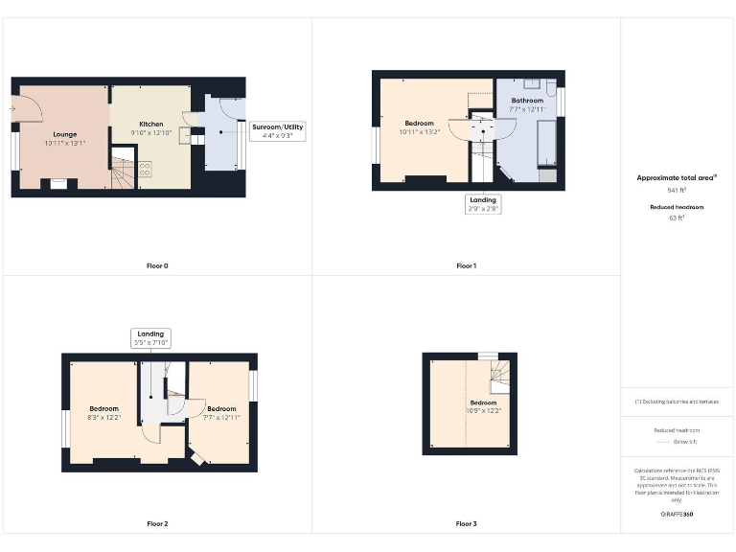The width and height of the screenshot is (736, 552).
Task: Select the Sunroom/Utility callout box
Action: click(x=277, y=131)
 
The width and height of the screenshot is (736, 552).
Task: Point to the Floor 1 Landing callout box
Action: click(x=483, y=204)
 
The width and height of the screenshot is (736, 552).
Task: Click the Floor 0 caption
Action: click(x=157, y=265)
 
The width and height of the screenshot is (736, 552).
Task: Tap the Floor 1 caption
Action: click(x=466, y=265)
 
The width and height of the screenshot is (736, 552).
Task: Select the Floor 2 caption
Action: click(x=157, y=523)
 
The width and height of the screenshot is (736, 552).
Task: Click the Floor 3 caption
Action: click(x=466, y=523)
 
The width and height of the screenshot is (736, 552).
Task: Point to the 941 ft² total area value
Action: click(x=677, y=192)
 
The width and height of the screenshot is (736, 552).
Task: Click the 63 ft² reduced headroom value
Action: click(x=677, y=218)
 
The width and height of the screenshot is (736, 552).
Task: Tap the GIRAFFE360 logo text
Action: click(x=677, y=515)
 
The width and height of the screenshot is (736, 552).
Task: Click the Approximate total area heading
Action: click(x=677, y=178)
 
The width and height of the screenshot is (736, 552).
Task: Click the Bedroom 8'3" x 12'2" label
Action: click(x=104, y=413)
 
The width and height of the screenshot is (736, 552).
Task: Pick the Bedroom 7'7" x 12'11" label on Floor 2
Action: click(x=221, y=413)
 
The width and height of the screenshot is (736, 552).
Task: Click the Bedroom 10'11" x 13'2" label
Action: click(x=419, y=127)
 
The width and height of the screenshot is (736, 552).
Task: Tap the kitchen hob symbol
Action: click(x=145, y=169)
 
